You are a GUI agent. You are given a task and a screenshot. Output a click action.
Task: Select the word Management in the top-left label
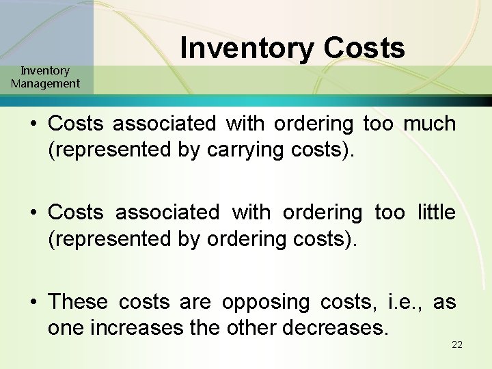click(x=45, y=84)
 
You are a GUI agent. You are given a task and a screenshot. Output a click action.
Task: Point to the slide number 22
click(x=457, y=344)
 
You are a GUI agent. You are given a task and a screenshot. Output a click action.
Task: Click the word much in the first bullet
click(x=429, y=124)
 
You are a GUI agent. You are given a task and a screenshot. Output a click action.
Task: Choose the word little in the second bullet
click(x=436, y=213)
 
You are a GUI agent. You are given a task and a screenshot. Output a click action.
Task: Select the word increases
click(x=137, y=327)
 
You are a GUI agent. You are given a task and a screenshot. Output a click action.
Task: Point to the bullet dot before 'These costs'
click(x=34, y=301)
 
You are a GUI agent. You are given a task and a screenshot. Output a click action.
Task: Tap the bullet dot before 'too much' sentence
click(x=34, y=124)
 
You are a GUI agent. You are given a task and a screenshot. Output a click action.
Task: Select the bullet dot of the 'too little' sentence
click(x=34, y=213)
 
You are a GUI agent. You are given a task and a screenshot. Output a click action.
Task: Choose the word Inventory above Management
click(x=45, y=70)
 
